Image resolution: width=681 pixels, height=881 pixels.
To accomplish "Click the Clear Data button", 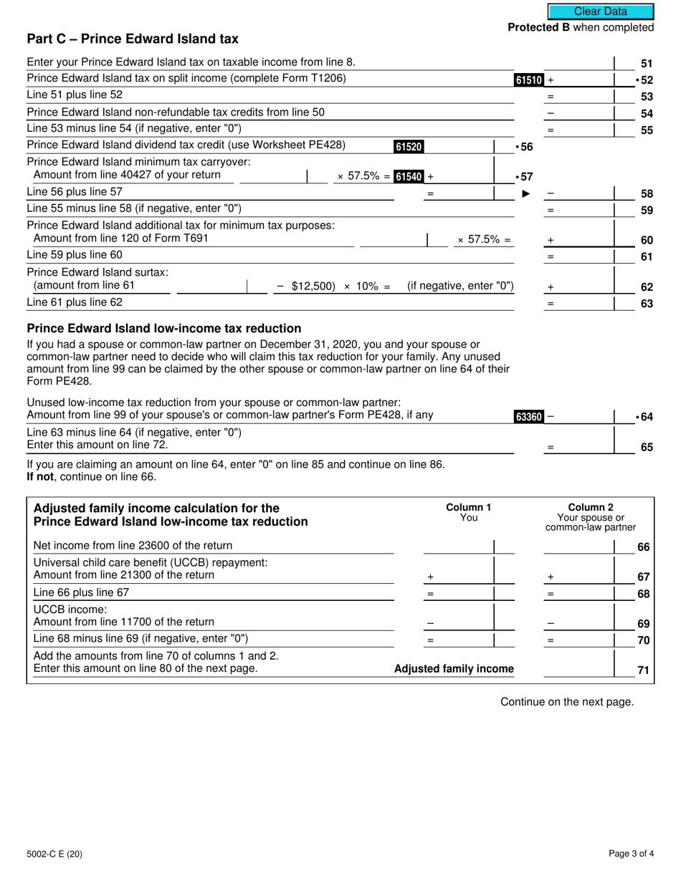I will tap(601, 11).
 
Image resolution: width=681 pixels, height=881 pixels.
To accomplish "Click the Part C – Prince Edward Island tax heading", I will tap(133, 39).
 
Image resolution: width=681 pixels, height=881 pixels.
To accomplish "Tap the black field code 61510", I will tap(528, 80).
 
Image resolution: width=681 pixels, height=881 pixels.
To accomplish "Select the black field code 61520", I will tap(409, 147).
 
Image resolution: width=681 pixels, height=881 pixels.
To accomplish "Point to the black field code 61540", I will tap(409, 176).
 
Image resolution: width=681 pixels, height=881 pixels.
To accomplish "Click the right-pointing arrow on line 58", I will tap(525, 193).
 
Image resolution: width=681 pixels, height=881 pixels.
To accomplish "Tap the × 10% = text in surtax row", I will tap(367, 287).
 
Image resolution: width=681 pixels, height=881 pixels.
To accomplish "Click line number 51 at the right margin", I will tap(647, 64).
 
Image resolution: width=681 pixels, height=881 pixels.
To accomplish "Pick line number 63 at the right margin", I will tap(647, 304).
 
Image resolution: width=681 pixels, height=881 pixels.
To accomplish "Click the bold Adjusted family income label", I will tap(454, 669).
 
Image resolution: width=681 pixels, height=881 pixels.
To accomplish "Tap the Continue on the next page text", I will tap(567, 702).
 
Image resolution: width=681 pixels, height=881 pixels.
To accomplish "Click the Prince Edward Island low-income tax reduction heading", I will tap(163, 329).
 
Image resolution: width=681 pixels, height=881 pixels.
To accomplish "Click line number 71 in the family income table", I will tap(643, 671).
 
